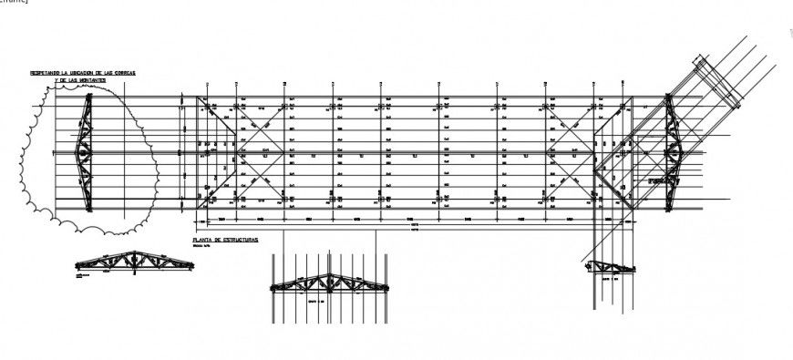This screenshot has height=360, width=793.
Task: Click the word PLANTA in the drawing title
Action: [201, 239]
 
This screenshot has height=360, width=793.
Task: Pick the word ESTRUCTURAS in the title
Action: [242, 239]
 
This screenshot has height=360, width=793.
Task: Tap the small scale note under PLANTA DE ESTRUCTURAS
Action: [201, 246]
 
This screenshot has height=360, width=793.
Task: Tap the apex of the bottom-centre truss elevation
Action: [330, 272]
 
